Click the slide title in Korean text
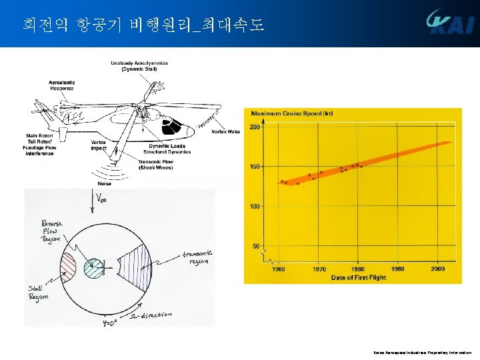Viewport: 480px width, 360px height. [x=143, y=25]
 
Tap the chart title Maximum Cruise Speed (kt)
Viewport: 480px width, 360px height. [x=292, y=113]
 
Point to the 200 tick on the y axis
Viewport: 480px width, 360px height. [x=254, y=127]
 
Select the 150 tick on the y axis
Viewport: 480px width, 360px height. [x=254, y=166]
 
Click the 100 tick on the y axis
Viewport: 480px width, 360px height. [x=254, y=206]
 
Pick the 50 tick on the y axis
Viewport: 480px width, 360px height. [x=256, y=246]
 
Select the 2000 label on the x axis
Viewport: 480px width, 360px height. [x=437, y=269]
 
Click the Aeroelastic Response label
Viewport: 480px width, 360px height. [x=62, y=85]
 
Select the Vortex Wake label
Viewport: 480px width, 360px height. [x=225, y=132]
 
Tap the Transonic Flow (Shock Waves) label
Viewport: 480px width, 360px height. [x=155, y=164]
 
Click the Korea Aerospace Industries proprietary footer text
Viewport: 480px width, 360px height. [x=422, y=352]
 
